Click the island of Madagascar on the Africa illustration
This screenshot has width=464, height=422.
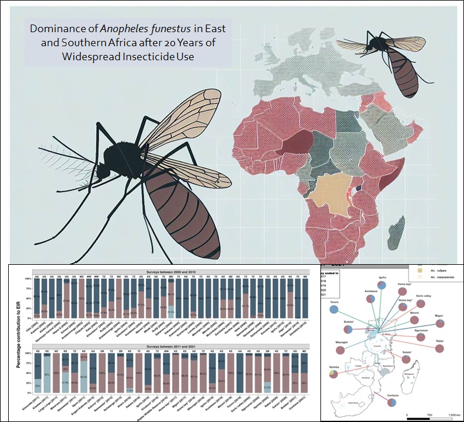click(399, 227)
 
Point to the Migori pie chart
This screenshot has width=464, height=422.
click(441, 323)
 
